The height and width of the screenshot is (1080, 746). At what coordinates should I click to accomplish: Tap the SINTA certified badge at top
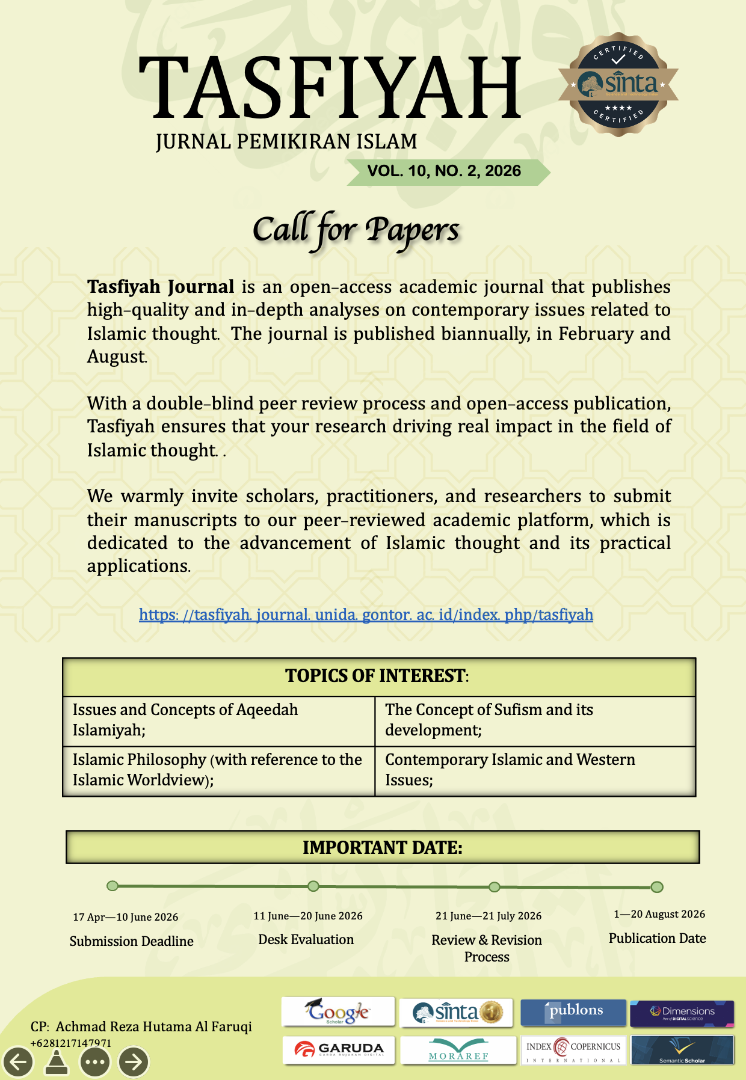pos(618,84)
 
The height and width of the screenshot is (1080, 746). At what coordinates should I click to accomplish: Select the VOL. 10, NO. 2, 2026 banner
pos(444,171)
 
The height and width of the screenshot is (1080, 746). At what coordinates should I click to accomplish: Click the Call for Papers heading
pos(356,230)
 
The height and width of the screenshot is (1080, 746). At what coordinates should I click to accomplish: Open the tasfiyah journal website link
pos(366,615)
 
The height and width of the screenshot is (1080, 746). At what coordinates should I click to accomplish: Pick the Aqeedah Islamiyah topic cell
pos(219,720)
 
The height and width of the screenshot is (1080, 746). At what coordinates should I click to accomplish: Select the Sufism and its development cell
pos(534,720)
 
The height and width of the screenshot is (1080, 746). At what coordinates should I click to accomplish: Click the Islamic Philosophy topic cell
pos(219,770)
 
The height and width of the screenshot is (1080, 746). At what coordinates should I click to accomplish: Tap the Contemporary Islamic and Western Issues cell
pos(534,770)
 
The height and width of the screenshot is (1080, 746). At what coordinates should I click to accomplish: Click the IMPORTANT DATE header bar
pos(383,847)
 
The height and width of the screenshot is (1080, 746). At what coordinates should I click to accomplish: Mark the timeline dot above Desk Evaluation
pos(313,886)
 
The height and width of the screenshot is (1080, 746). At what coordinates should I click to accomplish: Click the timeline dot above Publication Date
pos(657,887)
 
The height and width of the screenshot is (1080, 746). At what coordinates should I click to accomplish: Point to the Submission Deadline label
pos(132,941)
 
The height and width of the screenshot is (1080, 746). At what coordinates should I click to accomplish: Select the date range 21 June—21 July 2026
pos(489,916)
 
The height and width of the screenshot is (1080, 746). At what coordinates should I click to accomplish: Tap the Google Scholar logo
pos(338,1012)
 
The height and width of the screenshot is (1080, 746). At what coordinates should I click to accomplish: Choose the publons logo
pos(573,1011)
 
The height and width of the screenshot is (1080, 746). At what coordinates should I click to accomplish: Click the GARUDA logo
pos(339,1050)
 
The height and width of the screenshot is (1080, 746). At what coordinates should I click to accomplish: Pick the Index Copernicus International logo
pos(573,1050)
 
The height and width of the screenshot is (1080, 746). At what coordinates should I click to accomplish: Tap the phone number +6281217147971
pos(71,1043)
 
